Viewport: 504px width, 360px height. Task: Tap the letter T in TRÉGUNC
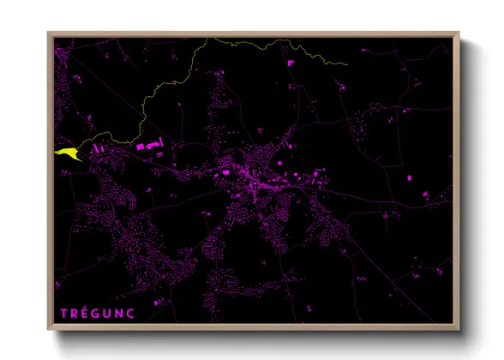(64, 312)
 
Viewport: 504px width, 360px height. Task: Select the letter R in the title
(75, 312)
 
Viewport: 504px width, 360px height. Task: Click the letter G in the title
(93, 312)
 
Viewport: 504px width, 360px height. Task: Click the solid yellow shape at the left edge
(67, 152)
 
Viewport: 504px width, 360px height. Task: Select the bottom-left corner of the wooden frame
(49, 330)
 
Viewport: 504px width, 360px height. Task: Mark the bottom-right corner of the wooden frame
(459, 330)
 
